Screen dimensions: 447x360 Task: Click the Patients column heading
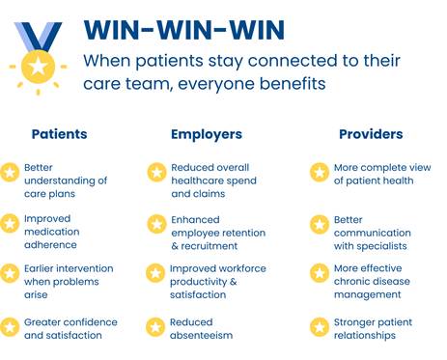pos(59,134)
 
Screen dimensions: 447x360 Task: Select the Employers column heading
pos(207,135)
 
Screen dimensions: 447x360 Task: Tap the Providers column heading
pos(371,134)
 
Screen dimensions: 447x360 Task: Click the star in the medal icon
pos(38,67)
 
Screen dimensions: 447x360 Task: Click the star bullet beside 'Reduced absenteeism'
pos(155,327)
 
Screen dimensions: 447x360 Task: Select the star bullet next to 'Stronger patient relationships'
pos(320,327)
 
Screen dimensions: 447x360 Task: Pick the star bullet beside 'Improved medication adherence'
pos(10,223)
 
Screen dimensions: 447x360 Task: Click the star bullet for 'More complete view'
pos(320,172)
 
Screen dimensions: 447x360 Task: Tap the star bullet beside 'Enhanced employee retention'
pos(156,224)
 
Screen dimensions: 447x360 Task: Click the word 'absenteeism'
pos(201,335)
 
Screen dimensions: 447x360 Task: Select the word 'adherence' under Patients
pos(50,245)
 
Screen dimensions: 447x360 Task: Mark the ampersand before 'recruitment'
pos(175,246)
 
